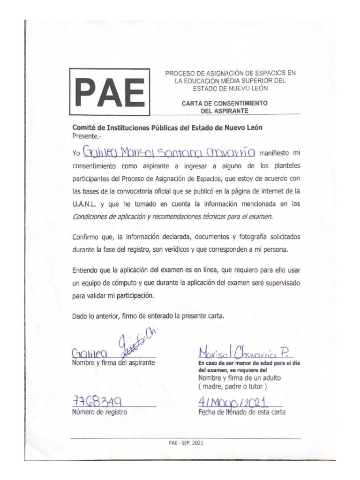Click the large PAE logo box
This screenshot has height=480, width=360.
(x=110, y=91)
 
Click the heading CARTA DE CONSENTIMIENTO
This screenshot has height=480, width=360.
(x=225, y=103)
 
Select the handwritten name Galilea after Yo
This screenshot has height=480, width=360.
(x=99, y=153)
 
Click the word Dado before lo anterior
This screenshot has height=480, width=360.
(x=80, y=316)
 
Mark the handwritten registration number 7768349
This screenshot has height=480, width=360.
(x=97, y=401)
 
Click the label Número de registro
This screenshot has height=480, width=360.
(x=99, y=412)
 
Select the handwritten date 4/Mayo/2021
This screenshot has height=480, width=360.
(x=232, y=402)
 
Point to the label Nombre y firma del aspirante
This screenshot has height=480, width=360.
(x=113, y=363)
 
